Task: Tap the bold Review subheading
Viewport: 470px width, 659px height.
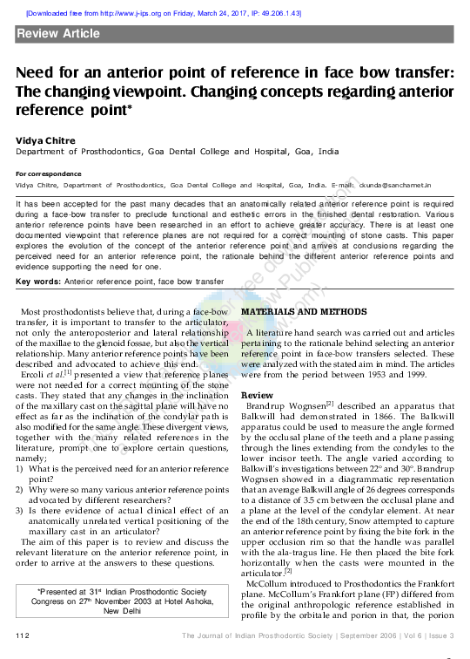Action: (x=257, y=395)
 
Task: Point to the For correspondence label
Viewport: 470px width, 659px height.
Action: (x=44, y=173)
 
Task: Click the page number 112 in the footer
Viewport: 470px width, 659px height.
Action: (x=23, y=635)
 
